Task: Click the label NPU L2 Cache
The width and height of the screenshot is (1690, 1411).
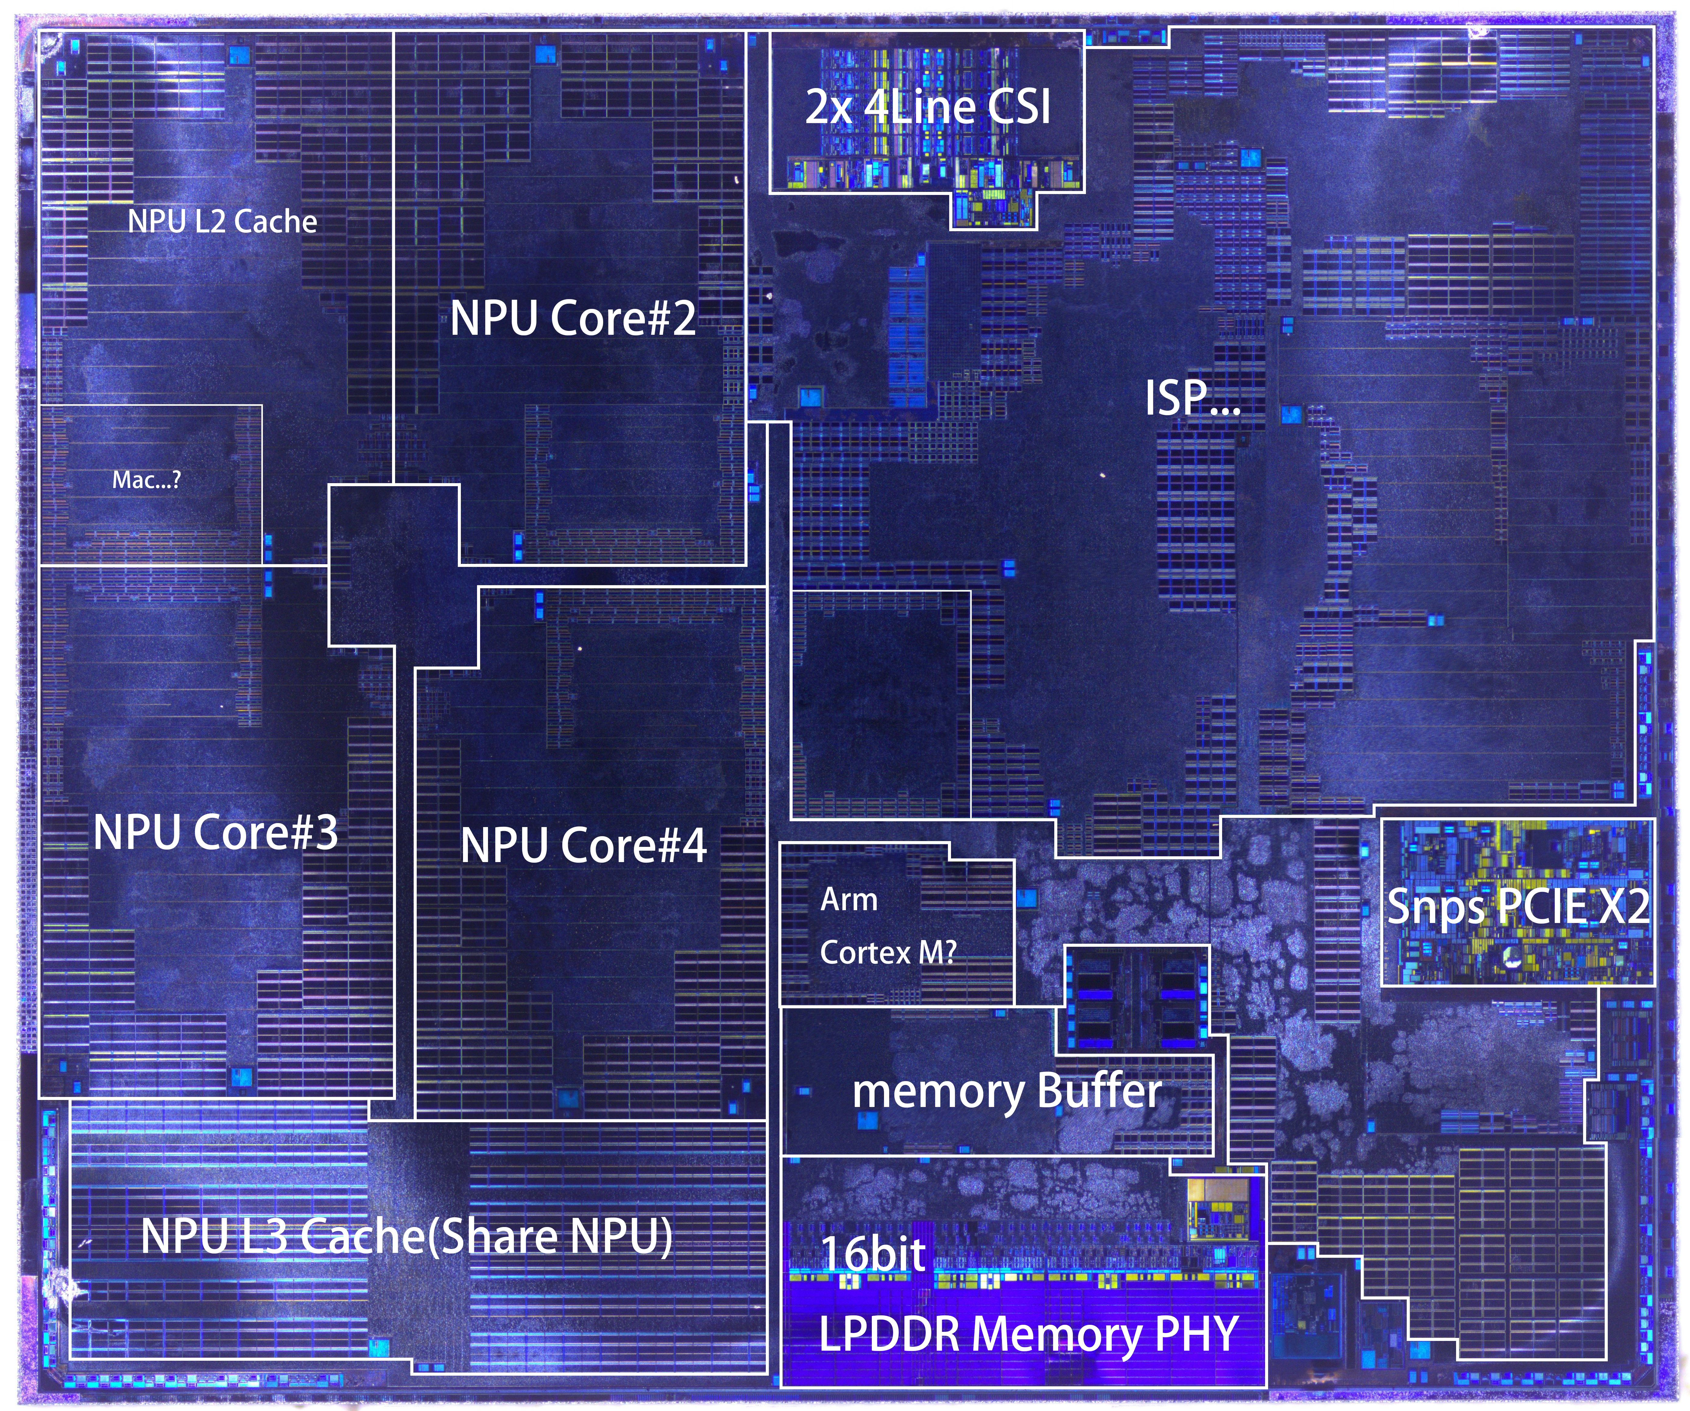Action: pos(222,221)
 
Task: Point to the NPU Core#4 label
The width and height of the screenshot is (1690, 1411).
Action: pos(583,845)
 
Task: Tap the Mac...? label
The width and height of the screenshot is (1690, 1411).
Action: pos(147,480)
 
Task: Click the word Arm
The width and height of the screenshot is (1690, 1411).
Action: pos(849,899)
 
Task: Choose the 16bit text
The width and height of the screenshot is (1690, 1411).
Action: pos(873,1254)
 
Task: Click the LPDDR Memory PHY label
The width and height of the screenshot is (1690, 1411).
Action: pos(1028,1334)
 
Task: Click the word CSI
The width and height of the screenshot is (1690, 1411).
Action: pos(1019,107)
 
